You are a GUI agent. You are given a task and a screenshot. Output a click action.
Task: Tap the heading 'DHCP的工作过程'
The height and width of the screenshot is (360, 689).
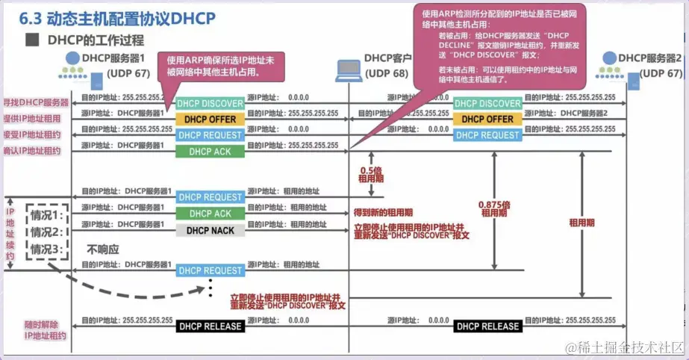(x=96, y=40)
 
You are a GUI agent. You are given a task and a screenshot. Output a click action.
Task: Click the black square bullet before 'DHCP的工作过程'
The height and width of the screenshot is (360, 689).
(x=31, y=40)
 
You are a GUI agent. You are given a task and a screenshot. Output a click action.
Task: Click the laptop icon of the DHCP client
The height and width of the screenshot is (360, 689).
(x=347, y=69)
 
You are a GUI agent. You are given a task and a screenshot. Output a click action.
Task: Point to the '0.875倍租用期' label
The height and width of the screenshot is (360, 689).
(x=496, y=208)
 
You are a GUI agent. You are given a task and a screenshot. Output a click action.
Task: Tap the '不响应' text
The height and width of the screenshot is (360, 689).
(x=104, y=249)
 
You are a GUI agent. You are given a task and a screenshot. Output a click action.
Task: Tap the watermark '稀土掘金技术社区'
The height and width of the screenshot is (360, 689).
(x=624, y=348)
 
